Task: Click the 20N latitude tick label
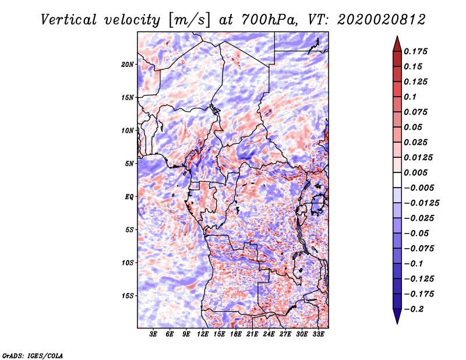[128, 64]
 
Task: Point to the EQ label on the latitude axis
[130, 196]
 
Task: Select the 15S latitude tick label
[128, 295]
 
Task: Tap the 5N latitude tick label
[130, 163]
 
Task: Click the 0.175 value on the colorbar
[417, 51]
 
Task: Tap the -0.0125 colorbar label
[423, 203]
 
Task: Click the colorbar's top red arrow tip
[397, 38]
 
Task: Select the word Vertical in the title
[69, 19]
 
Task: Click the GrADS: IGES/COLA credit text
[32, 355]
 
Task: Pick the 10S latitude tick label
[128, 262]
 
